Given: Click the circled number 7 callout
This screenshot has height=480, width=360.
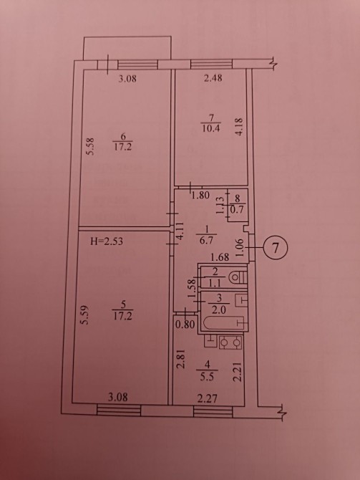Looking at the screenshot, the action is click(276, 249).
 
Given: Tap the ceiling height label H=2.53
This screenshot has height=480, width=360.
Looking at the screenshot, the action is click(107, 241).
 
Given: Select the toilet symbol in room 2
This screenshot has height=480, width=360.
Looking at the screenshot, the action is click(238, 278).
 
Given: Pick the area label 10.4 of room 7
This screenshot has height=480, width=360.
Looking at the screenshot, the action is click(211, 128).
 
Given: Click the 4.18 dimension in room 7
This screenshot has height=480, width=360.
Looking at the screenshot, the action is click(239, 127).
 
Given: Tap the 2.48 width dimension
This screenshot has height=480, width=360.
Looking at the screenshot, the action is click(213, 78).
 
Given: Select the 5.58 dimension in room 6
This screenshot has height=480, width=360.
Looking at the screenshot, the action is click(90, 146).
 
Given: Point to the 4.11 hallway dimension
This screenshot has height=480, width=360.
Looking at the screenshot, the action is click(180, 231).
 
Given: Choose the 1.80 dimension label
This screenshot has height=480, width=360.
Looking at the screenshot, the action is click(200, 195).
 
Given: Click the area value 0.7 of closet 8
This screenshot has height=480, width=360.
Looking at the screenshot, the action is click(236, 211).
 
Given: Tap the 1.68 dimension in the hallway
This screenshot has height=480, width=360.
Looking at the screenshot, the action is click(220, 257).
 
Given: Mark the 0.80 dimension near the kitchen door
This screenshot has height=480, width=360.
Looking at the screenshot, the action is click(185, 325).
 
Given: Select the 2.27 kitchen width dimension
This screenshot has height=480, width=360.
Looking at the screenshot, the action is click(207, 398).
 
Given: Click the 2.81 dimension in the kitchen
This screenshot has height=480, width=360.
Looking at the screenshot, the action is click(181, 359).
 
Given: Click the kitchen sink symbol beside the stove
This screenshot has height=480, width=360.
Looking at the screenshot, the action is click(210, 341).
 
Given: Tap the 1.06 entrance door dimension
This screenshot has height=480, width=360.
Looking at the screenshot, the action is click(240, 247).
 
